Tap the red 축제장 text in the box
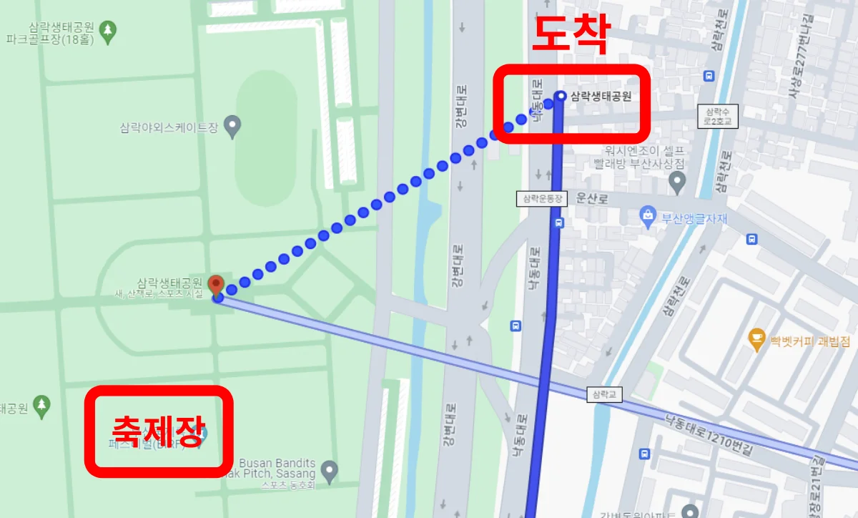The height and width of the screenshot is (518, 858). point(159,430)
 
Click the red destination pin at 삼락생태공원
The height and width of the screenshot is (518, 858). point(216,285)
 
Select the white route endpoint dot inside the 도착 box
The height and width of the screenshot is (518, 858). point(561,96)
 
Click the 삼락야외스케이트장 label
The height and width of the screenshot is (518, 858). point(169,127)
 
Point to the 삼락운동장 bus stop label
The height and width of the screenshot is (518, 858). point(541,199)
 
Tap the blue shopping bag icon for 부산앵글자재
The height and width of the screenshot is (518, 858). point(648,215)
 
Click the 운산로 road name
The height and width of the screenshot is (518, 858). point(592,199)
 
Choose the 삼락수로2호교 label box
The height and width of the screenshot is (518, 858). point(717,116)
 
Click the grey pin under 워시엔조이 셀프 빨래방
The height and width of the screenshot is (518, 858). point(677,184)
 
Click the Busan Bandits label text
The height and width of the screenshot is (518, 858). point(277,469)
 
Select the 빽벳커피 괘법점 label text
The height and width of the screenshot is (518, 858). point(809,340)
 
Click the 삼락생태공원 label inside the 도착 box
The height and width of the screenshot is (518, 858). point(601,97)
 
